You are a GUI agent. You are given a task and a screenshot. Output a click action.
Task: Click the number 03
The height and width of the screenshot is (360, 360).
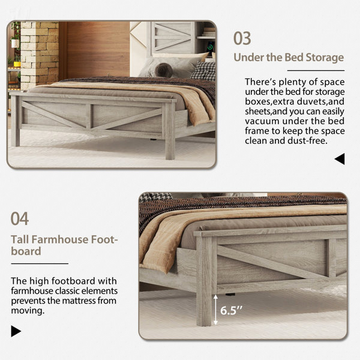(x=242, y=38)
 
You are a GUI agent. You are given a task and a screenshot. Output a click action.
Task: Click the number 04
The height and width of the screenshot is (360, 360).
(x=20, y=218)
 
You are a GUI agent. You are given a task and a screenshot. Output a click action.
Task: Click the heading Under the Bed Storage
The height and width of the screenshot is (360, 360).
(x=289, y=58)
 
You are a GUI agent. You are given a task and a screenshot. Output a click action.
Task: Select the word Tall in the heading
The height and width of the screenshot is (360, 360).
(x=22, y=239)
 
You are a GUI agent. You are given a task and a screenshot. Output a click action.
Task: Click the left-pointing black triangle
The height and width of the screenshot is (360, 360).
(x=340, y=159)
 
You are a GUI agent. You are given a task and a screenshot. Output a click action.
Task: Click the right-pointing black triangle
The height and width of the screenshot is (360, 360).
(x=16, y=331)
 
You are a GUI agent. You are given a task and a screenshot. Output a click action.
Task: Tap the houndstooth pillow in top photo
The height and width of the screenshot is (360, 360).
(x=203, y=70)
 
